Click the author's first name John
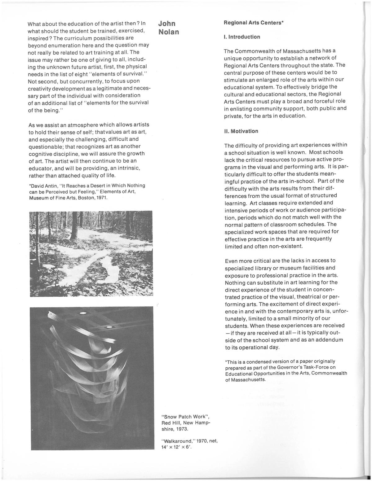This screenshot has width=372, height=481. [x=167, y=24]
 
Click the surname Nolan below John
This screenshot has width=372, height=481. [x=169, y=32]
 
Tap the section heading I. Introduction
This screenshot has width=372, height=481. [x=242, y=37]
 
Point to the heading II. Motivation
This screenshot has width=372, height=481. [x=241, y=131]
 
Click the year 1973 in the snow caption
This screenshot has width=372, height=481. [x=182, y=429]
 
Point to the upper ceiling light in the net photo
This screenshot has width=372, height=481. [x=83, y=313]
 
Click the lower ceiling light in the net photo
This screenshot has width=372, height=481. [x=110, y=327]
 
